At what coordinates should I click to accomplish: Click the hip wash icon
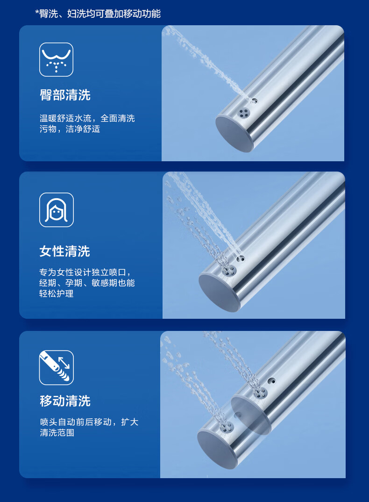pyautogui.click(x=57, y=59)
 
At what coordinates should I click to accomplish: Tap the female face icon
pyautogui.click(x=57, y=210)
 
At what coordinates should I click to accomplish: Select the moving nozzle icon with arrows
pyautogui.click(x=57, y=367)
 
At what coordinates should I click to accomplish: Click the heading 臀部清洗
pyautogui.click(x=65, y=95)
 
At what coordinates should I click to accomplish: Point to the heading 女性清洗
pyautogui.click(x=65, y=251)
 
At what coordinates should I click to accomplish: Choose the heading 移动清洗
pyautogui.click(x=65, y=401)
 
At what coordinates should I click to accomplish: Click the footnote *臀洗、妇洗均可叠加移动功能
pyautogui.click(x=98, y=14)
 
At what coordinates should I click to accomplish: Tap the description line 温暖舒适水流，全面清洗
pyautogui.click(x=87, y=118)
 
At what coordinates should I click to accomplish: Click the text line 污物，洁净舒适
pyautogui.click(x=70, y=129)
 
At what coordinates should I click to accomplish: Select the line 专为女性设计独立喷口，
pyautogui.click(x=85, y=272)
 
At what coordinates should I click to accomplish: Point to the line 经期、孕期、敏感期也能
pyautogui.click(x=87, y=283)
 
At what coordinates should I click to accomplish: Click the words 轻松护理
pyautogui.click(x=57, y=293)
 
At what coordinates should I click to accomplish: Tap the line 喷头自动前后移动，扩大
pyautogui.click(x=89, y=422)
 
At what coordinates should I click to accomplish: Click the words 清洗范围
pyautogui.click(x=57, y=432)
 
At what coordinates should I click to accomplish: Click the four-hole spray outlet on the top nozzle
pyautogui.click(x=244, y=112)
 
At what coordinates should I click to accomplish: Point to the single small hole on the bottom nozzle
pyautogui.click(x=272, y=380)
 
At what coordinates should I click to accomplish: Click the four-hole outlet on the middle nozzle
pyautogui.click(x=229, y=271)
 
